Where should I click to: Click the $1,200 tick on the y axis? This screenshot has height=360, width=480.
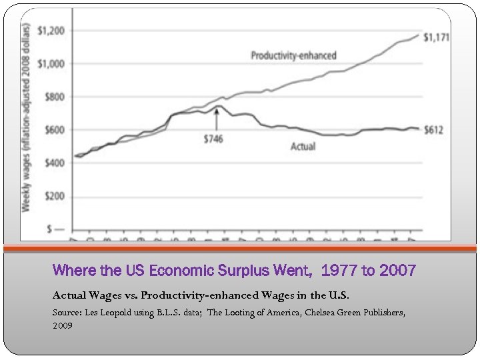[51, 31]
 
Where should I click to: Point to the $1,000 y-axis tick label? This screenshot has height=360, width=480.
[51, 64]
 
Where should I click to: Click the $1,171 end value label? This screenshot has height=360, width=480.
[437, 37]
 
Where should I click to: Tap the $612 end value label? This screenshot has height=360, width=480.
[434, 130]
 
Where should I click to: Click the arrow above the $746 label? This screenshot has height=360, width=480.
[216, 119]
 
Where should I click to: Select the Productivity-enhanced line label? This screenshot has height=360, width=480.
[293, 55]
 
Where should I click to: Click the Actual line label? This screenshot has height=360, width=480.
[303, 146]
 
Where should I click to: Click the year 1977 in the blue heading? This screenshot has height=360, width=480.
[340, 271]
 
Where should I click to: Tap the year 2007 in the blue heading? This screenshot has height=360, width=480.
[398, 271]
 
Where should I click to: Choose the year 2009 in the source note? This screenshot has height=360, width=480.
[62, 326]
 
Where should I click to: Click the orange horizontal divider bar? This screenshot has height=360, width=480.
[240, 249]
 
